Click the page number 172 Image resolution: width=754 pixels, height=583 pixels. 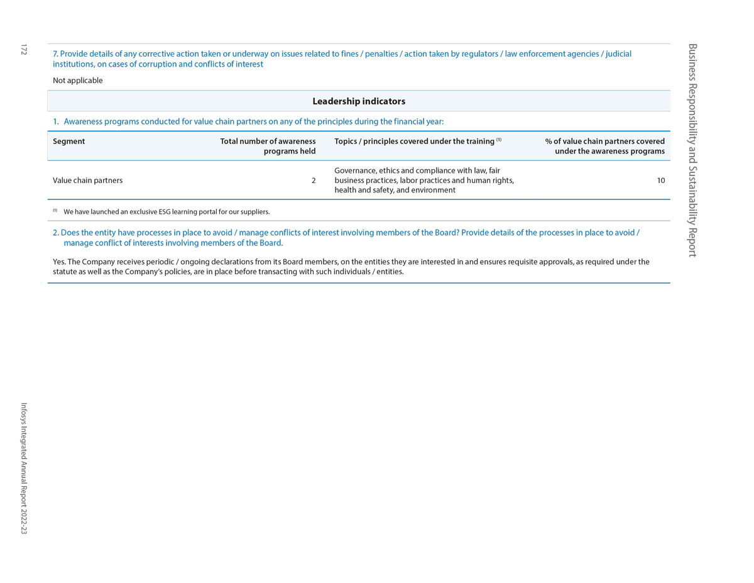[24, 49]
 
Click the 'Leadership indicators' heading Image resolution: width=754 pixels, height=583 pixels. [359, 101]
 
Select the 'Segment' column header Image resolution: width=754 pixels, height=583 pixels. [68, 142]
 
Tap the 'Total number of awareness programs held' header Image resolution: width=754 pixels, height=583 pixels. [268, 146]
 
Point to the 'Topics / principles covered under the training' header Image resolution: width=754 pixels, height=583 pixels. [414, 142]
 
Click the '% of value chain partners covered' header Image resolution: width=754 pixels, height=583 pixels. [604, 146]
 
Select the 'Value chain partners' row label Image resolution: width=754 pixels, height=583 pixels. [87, 180]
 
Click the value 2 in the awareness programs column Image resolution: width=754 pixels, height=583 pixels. [314, 180]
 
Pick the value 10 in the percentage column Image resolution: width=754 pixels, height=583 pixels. [661, 180]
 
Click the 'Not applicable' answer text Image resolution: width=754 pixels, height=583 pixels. [77, 81]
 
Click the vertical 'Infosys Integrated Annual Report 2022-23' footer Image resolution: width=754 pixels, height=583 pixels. [24, 469]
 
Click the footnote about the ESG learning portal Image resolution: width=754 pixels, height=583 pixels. [167, 212]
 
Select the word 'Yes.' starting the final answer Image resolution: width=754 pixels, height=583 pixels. [59, 262]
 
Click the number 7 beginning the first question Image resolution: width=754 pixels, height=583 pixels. [55, 54]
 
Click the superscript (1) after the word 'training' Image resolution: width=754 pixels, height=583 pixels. [499, 140]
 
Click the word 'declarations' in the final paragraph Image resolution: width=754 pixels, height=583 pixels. [229, 262]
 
